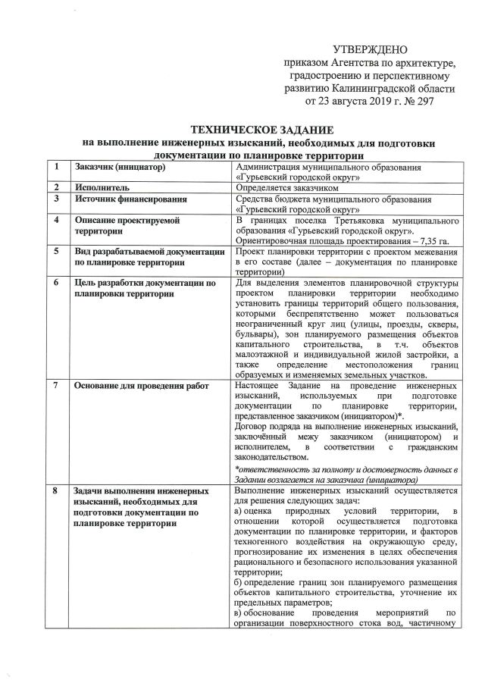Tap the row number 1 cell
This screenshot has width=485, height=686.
coord(56,166)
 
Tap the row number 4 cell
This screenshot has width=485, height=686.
coord(56,220)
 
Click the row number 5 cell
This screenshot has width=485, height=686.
coord(56,251)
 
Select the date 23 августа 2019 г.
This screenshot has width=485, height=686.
coord(353,99)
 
